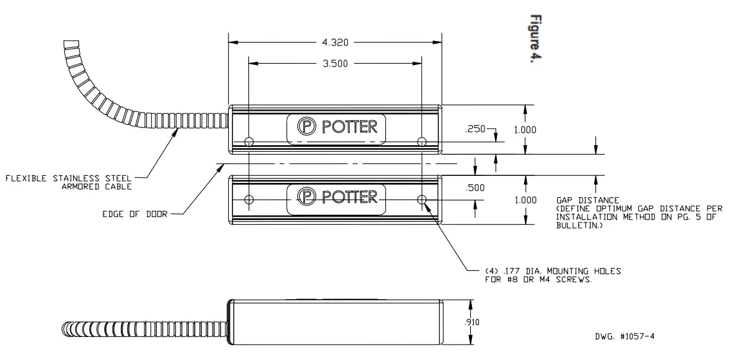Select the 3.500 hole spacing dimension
335,64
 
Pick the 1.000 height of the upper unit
525,130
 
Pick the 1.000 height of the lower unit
525,200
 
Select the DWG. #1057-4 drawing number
626,336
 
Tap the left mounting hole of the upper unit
249,142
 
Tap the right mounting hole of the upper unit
421,142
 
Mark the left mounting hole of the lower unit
249,199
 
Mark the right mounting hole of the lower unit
421,199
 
